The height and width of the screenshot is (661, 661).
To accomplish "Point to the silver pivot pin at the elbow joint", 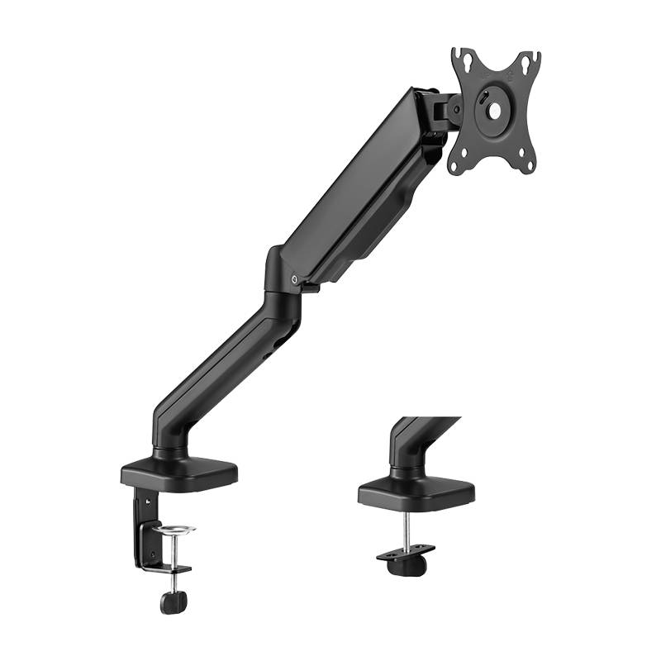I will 296,281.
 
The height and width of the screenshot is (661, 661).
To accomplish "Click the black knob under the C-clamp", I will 174,602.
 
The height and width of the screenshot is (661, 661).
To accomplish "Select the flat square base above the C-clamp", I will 178,472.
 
